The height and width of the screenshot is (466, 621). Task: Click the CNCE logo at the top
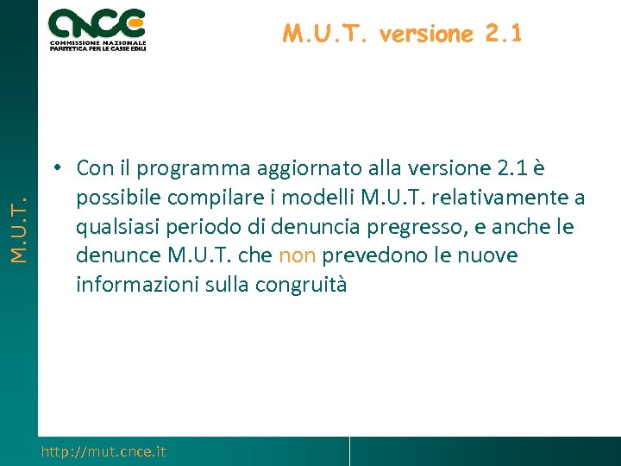(97, 28)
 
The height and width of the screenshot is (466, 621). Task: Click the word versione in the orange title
(426, 34)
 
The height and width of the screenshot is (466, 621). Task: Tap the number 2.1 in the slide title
(503, 34)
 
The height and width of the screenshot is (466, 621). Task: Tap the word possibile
(119, 198)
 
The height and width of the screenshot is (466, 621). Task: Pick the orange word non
(298, 255)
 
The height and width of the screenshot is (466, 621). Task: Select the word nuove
(486, 255)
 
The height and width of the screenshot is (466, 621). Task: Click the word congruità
(300, 285)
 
